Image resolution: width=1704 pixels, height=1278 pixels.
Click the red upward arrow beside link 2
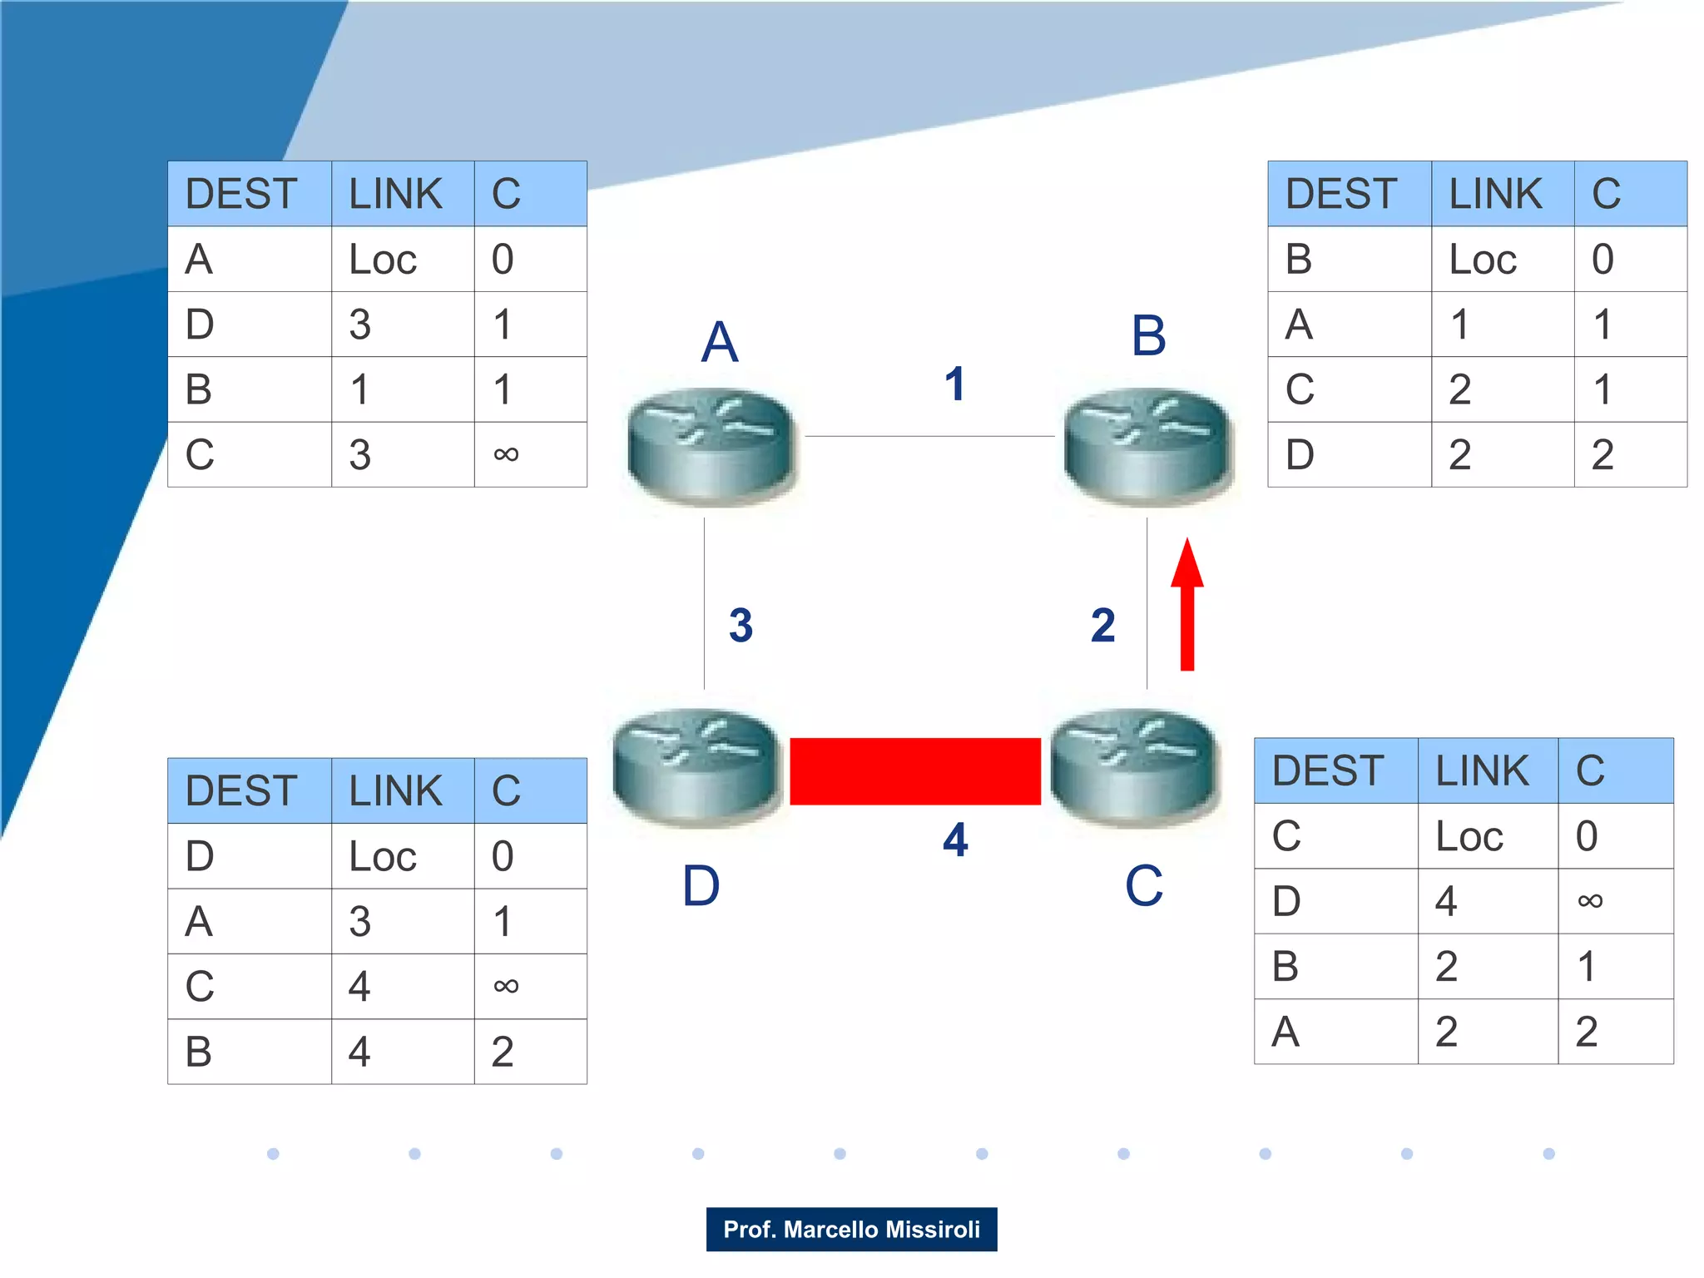click(x=1187, y=606)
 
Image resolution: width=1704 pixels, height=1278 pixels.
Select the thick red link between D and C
click(x=914, y=771)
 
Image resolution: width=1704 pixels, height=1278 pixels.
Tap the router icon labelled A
click(x=712, y=447)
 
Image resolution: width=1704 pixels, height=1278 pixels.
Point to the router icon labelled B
click(x=1148, y=447)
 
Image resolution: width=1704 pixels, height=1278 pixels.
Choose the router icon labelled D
click(x=697, y=767)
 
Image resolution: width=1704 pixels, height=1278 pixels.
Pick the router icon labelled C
click(x=1135, y=767)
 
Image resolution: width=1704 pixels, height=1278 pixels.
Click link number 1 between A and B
click(x=954, y=384)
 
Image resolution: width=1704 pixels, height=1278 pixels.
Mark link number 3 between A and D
click(x=741, y=626)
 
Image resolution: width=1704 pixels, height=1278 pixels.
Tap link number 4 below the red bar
click(x=955, y=840)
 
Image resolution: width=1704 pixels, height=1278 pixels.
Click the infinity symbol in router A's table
click(x=506, y=454)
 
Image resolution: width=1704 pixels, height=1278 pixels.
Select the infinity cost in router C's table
click(x=1589, y=900)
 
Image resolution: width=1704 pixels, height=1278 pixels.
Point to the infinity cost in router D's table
click(x=506, y=987)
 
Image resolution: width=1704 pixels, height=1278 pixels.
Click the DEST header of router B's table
click(x=1340, y=194)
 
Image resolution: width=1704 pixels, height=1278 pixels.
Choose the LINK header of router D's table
click(x=395, y=790)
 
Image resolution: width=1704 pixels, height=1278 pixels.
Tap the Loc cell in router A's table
click(x=382, y=260)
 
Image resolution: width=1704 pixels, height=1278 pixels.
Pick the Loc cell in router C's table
click(x=1469, y=836)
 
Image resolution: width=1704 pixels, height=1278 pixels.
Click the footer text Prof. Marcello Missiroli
click(x=851, y=1229)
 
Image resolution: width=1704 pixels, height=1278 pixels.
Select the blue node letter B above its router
click(x=1148, y=336)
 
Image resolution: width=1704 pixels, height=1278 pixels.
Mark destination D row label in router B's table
click(x=1300, y=455)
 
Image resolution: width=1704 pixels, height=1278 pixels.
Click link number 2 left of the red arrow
click(x=1102, y=626)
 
